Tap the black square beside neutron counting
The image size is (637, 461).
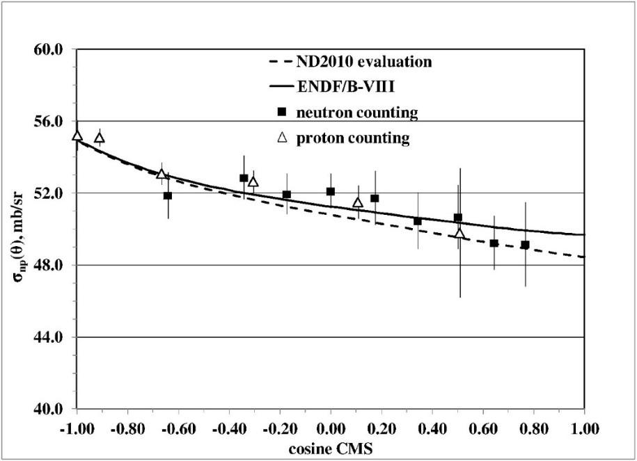coord(282,112)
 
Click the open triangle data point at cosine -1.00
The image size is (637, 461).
coord(77,136)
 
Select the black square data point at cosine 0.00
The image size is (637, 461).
coord(331,191)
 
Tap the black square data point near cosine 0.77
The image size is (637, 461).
coord(525,245)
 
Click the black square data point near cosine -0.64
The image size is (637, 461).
coord(168,195)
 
